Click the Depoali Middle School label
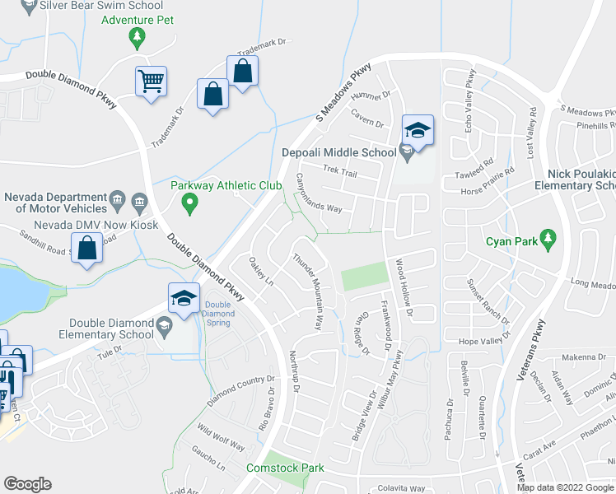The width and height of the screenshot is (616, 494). tap(338, 152)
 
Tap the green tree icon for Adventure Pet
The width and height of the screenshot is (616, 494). tap(137, 36)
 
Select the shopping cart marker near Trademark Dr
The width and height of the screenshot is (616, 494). tap(151, 82)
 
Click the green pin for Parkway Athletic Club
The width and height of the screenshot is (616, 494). tap(189, 201)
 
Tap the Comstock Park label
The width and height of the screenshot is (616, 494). tap(286, 468)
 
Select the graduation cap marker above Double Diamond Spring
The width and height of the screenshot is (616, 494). tap(184, 299)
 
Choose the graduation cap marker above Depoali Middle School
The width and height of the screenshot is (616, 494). tap(418, 130)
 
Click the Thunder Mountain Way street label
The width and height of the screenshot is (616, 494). tap(307, 291)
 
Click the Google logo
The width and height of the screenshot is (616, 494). tap(27, 484)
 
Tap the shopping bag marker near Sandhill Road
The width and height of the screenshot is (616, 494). tap(87, 248)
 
